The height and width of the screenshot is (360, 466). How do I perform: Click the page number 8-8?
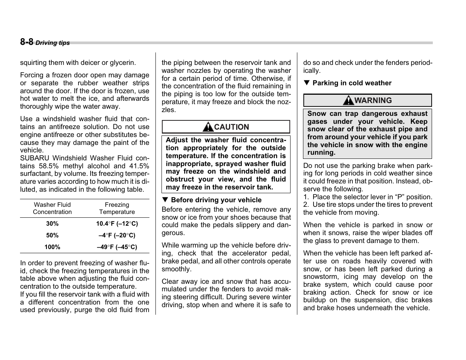point(26,42)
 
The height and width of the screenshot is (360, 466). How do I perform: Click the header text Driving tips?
point(52,43)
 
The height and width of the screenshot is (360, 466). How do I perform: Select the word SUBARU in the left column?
point(35,158)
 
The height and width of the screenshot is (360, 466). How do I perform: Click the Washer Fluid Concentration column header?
point(52,208)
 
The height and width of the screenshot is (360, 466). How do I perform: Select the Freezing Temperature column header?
point(117,208)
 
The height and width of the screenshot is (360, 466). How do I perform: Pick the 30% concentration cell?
point(52,224)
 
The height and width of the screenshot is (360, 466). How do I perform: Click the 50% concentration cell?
point(52,235)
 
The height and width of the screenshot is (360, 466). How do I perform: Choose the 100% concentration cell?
point(52,247)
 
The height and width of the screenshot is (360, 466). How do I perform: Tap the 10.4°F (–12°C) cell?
point(117,224)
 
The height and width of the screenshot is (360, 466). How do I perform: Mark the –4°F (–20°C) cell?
point(117,235)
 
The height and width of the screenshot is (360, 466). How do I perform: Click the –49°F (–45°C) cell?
point(117,247)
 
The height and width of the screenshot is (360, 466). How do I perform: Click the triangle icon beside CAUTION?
point(208,127)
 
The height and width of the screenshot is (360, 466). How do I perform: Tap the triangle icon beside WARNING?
point(348,100)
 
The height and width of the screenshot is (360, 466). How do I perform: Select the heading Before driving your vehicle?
point(216,200)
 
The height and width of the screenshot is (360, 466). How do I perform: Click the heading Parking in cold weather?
point(352,83)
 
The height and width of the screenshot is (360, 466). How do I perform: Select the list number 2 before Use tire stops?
point(305,205)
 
